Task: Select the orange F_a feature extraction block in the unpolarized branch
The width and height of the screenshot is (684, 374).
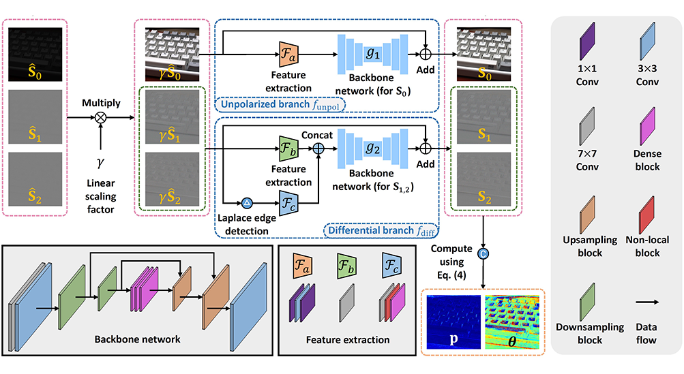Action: coord(286,52)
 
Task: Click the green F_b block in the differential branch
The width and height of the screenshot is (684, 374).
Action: coord(286,149)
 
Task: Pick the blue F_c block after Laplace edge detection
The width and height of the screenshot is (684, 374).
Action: coord(286,202)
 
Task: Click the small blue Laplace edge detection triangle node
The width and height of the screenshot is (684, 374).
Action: coord(247,202)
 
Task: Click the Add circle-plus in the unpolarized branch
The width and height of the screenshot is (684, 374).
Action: coord(427,52)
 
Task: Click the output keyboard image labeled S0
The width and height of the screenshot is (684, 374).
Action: coord(482,54)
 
